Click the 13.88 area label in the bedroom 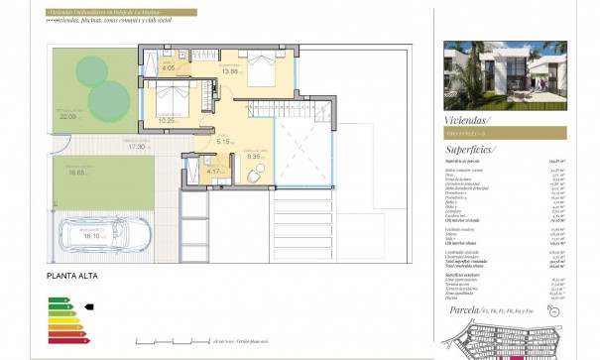pos(232,71)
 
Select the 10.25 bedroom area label pos(167,120)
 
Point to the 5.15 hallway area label pos(223,142)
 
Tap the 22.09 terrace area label pos(67,117)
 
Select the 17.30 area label pos(137,147)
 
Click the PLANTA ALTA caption pos(71,279)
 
